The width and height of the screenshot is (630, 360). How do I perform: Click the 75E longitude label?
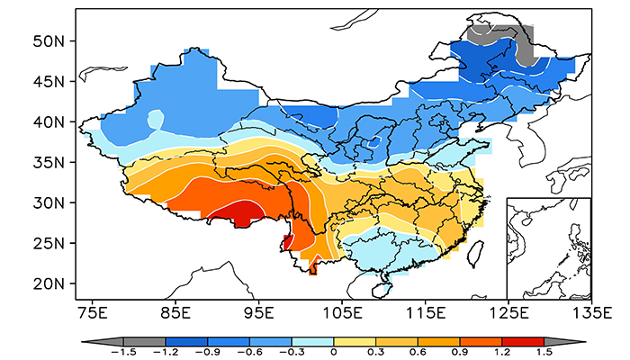pyautogui.click(x=93, y=314)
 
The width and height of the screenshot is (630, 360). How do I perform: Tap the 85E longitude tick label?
pyautogui.click(x=175, y=314)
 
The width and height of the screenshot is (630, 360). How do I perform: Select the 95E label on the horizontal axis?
pyautogui.click(x=258, y=314)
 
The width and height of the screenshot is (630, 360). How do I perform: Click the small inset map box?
pyautogui.click(x=548, y=247)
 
